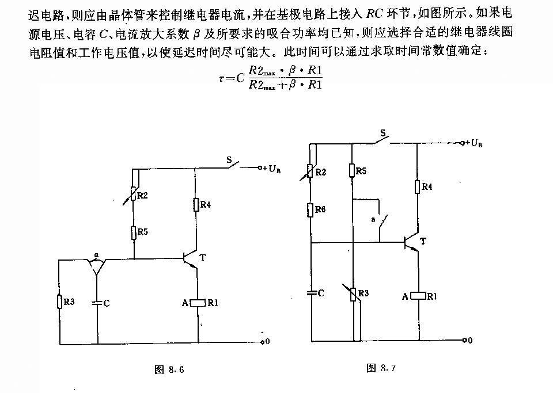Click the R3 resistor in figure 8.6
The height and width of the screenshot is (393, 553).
tap(59, 302)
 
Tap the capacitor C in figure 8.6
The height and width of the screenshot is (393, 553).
tap(97, 303)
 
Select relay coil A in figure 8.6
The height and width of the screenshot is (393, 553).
tap(198, 303)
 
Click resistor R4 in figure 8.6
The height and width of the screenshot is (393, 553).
tap(196, 205)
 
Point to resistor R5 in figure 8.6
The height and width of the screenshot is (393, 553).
tap(134, 232)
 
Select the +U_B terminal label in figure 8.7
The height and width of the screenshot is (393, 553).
tap(474, 143)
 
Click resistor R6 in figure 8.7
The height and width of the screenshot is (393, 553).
tap(310, 210)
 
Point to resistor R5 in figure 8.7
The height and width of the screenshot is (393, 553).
tap(351, 170)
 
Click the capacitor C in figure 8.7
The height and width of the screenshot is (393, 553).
tap(312, 292)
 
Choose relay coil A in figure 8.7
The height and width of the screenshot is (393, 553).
tap(418, 296)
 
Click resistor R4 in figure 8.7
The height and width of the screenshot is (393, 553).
tap(417, 186)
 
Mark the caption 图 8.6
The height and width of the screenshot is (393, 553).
tap(169, 369)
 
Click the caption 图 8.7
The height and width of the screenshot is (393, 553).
tap(381, 368)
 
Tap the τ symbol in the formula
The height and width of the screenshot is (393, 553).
tap(221, 78)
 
